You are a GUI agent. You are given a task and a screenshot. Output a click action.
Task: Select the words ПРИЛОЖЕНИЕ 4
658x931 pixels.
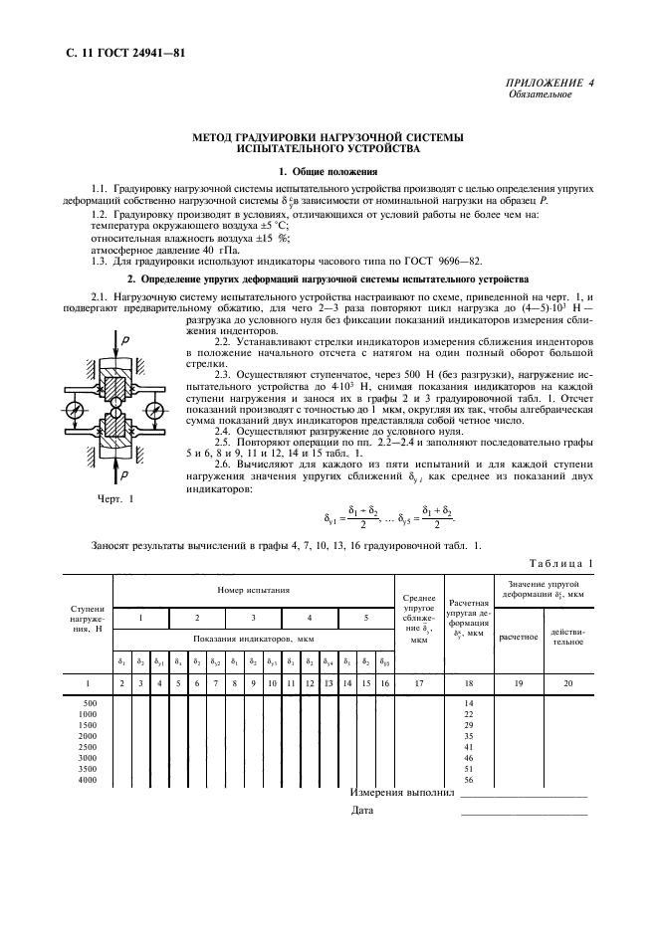coord(550,83)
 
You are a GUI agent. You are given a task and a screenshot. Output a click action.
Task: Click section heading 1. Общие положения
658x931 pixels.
coord(329,172)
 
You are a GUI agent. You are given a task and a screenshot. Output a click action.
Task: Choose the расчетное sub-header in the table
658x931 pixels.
coord(518,636)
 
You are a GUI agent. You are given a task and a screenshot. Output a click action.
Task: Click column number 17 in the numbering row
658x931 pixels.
coord(418,683)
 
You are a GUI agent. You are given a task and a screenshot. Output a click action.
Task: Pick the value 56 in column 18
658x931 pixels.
coord(468,779)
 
